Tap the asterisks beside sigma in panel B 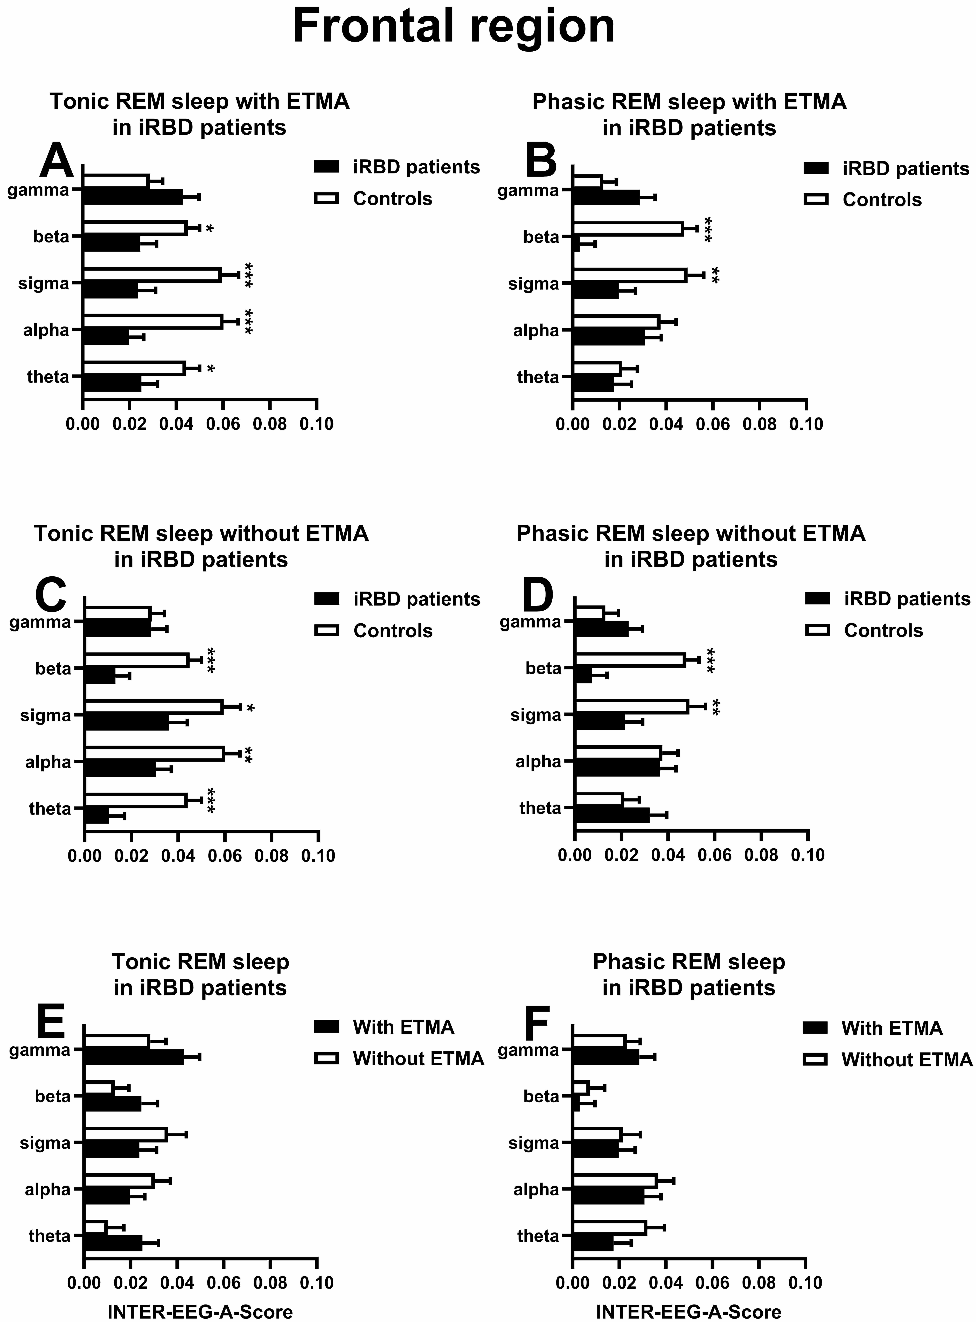[715, 275]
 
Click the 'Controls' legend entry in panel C [393, 631]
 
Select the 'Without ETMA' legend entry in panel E [418, 1059]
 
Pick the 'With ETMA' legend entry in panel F [891, 1028]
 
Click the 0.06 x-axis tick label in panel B [713, 424]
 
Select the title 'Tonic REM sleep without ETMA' [201, 533]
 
